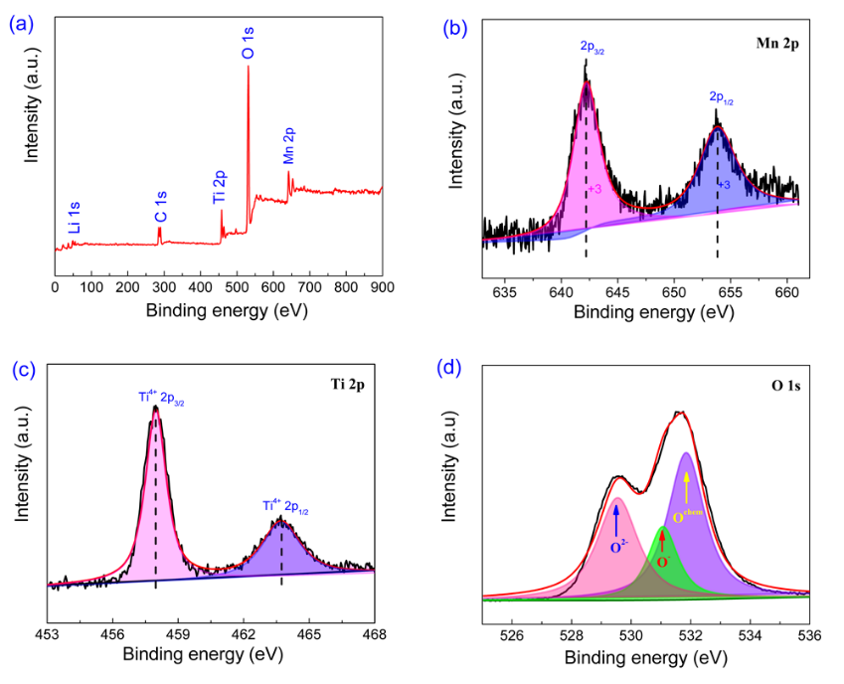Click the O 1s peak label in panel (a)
click(248, 44)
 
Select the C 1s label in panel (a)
click(160, 204)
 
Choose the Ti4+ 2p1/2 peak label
click(285, 506)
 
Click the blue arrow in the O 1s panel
click(616, 519)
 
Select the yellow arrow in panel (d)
click(686, 484)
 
